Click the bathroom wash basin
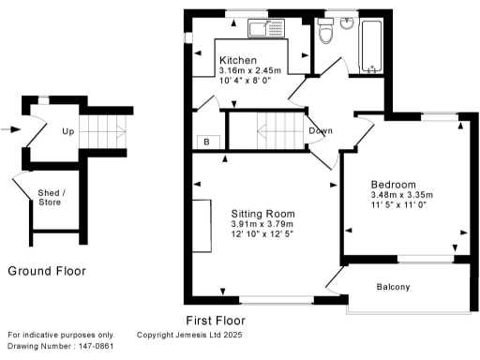tap(346, 22)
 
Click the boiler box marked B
tap(207, 142)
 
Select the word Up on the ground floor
tap(68, 131)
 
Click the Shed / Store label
tap(51, 197)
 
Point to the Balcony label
tap(393, 287)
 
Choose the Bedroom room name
tap(394, 184)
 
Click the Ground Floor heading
tap(47, 271)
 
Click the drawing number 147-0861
tap(92, 347)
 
